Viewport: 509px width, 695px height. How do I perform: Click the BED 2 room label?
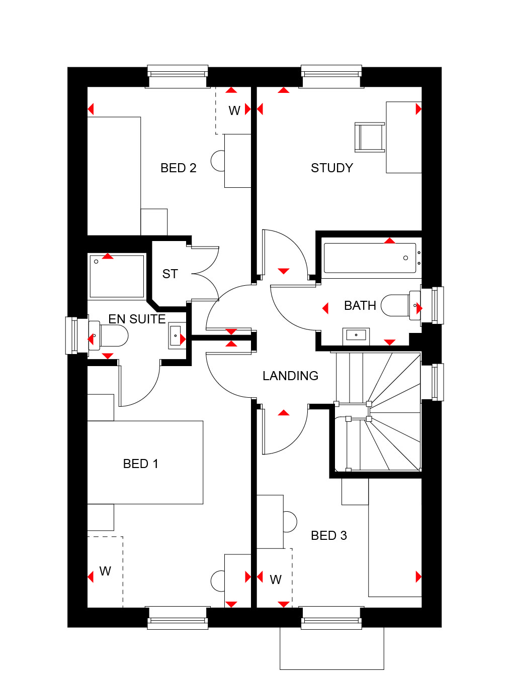(x=179, y=168)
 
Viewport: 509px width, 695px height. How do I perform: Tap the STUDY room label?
(x=332, y=168)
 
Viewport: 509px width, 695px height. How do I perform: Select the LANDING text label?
(x=290, y=376)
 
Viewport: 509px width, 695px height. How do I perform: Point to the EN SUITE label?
(x=137, y=319)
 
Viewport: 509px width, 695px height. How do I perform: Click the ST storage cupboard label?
(x=170, y=274)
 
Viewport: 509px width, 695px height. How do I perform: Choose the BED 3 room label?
(x=329, y=535)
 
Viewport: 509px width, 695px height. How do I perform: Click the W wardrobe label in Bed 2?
(x=234, y=111)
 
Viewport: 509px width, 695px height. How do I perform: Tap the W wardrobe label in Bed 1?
(x=105, y=571)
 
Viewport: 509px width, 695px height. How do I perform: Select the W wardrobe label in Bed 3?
(x=276, y=580)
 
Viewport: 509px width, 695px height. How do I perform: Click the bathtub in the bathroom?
(x=370, y=258)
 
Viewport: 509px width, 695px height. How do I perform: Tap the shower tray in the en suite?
(x=117, y=276)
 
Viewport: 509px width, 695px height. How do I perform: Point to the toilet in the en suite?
(x=109, y=336)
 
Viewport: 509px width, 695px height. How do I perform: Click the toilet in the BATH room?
(x=400, y=306)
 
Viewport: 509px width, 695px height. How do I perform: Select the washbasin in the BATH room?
(x=356, y=336)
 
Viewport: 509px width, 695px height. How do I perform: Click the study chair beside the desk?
(x=370, y=137)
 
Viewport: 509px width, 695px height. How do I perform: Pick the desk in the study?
(x=404, y=137)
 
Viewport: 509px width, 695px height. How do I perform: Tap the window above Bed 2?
(x=178, y=76)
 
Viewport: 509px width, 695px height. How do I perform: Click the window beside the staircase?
(x=432, y=382)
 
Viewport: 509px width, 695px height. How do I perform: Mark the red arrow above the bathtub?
(x=389, y=241)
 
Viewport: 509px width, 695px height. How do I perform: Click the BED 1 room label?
(x=140, y=464)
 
